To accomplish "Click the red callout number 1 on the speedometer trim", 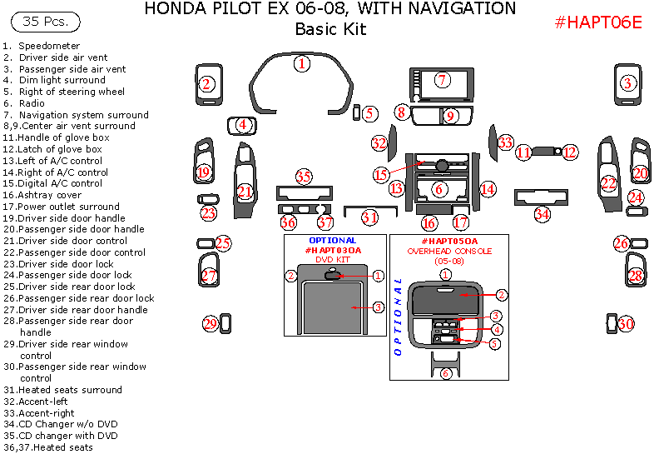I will pos(302,62).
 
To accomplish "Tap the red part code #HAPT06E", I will pos(598,22).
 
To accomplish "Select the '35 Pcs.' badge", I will pos(51,22).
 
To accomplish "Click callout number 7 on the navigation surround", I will pos(443,80).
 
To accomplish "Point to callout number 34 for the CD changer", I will pos(543,214).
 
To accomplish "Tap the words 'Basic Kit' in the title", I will pos(330,29).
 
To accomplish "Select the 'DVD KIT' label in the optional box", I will pos(332,259).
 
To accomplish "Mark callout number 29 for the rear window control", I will pos(210,323).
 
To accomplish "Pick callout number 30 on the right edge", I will pos(626,323).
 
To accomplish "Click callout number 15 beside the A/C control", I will pos(381,175).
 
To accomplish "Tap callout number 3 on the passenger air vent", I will pos(628,82).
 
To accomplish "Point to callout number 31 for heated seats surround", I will pos(369,217).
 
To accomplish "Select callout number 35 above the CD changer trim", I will pos(304,177).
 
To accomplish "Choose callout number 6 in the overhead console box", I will pos(446,373).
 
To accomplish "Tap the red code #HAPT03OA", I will pos(333,250).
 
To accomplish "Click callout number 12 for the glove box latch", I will pos(569,152).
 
